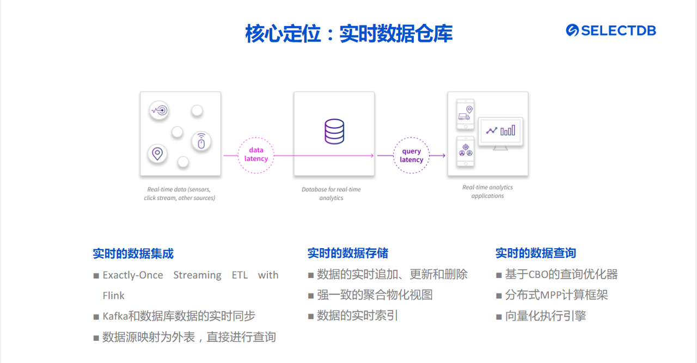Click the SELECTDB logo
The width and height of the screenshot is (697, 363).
point(610,30)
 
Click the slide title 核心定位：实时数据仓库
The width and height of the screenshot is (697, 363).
point(348,34)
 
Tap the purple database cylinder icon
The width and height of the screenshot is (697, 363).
point(334,131)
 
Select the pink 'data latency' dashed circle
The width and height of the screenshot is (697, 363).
point(256,155)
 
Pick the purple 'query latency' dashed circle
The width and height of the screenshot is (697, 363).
point(411,156)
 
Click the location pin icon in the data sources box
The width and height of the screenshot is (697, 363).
point(157,153)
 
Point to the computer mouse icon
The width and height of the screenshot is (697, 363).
point(201,141)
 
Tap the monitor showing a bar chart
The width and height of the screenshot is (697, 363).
point(500,132)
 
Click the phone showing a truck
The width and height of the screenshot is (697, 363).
point(465,114)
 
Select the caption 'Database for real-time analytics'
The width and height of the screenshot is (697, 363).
point(331,194)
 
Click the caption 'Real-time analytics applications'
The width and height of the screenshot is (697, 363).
point(487,192)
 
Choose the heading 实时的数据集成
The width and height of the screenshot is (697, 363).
point(133,254)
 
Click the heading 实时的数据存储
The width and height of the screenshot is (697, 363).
point(347,253)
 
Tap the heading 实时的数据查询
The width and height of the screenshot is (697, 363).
point(535,253)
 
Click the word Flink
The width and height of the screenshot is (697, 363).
point(113,296)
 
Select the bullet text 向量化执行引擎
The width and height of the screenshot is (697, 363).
point(545,316)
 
